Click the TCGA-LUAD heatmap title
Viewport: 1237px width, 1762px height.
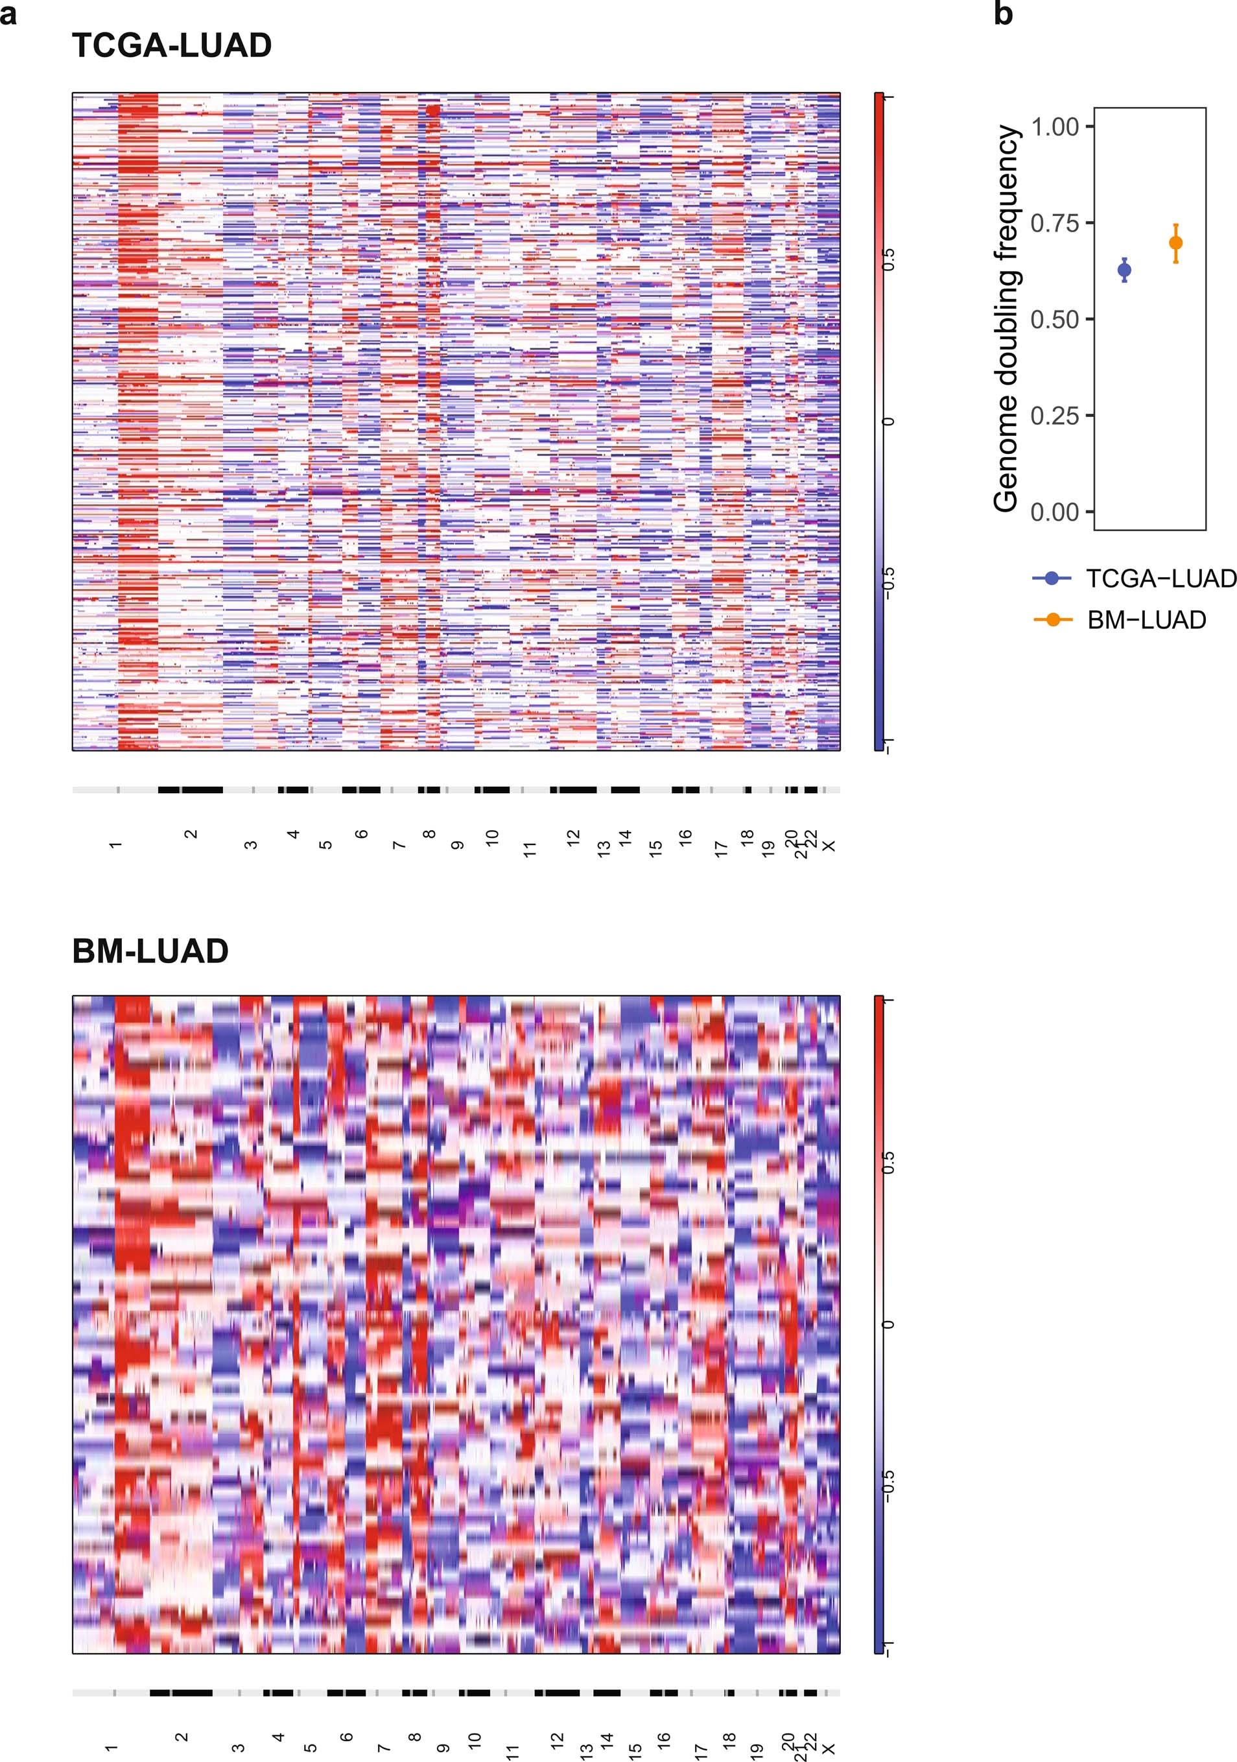click(x=172, y=46)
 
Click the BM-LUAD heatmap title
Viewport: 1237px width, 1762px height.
click(x=150, y=951)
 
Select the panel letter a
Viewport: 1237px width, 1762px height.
click(x=8, y=14)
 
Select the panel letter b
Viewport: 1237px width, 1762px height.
click(x=1003, y=14)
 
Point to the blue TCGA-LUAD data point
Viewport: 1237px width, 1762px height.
click(x=1124, y=269)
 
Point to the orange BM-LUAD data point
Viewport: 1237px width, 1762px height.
click(x=1175, y=243)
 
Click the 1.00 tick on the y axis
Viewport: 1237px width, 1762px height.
click(x=1055, y=126)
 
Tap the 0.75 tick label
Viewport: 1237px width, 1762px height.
click(x=1055, y=223)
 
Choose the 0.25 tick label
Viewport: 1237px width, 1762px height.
click(x=1055, y=416)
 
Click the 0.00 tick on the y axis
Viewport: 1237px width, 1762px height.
click(x=1055, y=512)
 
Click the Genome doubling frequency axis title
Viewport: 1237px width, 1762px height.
click(x=1006, y=318)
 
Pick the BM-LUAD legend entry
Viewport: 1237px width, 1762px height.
click(x=1120, y=619)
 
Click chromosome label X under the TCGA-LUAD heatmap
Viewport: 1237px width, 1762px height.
click(x=828, y=846)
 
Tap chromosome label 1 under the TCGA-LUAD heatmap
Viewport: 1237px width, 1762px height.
click(x=116, y=845)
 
